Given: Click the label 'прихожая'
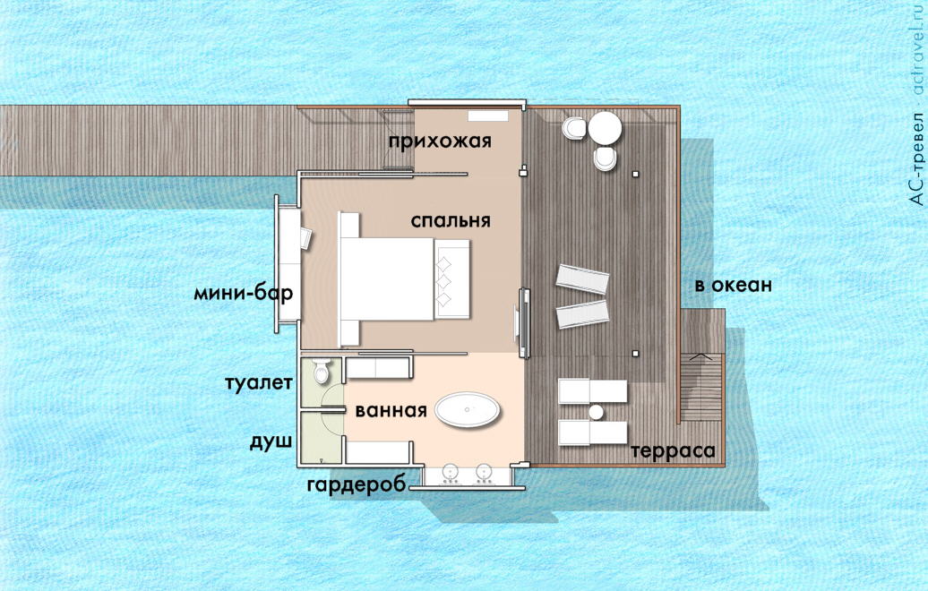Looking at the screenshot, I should [x=441, y=141].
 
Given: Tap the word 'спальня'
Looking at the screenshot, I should [x=451, y=220].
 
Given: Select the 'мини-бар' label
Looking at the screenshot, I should [x=243, y=293].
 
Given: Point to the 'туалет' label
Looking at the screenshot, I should [x=258, y=384].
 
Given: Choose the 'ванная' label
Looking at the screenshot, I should [x=391, y=412].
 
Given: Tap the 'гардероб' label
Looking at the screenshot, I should [x=357, y=484].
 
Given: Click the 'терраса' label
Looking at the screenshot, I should [x=674, y=450].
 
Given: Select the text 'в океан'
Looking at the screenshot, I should [x=733, y=287].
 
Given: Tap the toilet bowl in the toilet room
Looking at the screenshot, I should [x=322, y=370].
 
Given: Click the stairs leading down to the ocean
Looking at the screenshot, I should [x=700, y=385].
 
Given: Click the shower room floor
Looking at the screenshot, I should [x=321, y=439].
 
